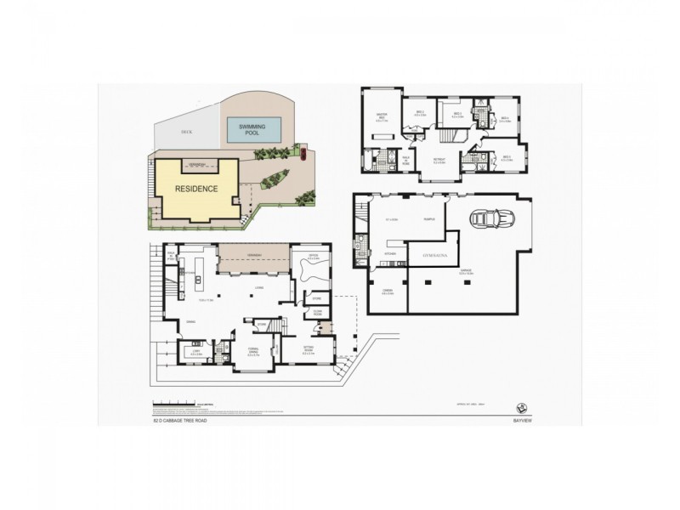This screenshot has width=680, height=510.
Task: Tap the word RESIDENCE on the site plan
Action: [x=196, y=188]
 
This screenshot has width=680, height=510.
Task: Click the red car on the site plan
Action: [x=303, y=155]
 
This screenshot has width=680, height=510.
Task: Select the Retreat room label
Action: [x=439, y=160]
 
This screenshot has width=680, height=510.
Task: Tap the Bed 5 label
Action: [x=506, y=157]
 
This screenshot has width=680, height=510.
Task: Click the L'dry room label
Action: [x=196, y=352]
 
